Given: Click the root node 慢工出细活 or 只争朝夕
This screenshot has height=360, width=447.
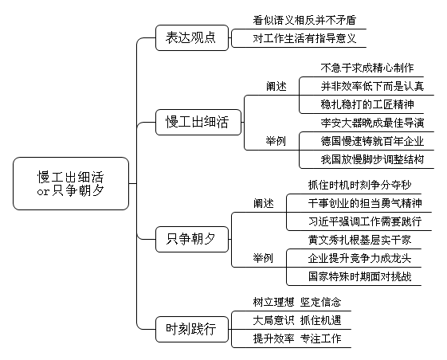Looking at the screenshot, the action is [x=71, y=183].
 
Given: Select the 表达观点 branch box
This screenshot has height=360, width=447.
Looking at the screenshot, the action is [x=192, y=38].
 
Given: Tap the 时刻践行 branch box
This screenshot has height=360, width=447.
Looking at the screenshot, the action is [x=192, y=329].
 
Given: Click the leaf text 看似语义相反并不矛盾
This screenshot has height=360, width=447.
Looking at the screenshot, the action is [x=304, y=20].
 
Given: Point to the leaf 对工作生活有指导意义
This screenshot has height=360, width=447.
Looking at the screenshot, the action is [x=304, y=38].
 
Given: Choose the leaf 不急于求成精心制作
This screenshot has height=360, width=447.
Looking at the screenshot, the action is [x=367, y=68].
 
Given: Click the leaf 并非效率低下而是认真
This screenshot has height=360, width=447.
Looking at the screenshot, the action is [x=372, y=86].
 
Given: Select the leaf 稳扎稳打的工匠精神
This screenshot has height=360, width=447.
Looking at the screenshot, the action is [x=367, y=104].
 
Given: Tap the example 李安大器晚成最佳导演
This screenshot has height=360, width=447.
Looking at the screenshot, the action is [x=372, y=123].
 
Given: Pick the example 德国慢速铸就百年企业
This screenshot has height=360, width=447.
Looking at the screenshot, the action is [x=372, y=141].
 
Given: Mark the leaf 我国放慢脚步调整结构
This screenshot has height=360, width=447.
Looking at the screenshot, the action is [x=372, y=159].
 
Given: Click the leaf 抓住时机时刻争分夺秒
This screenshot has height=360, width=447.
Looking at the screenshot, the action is [x=360, y=185].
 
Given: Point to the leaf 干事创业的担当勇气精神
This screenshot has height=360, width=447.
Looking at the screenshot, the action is [x=365, y=203].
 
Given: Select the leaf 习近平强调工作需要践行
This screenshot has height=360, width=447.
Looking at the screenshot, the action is [x=365, y=221].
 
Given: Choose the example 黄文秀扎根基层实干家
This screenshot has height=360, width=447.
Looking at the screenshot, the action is [x=360, y=240].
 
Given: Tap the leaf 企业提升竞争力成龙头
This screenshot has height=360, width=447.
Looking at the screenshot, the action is [x=360, y=258].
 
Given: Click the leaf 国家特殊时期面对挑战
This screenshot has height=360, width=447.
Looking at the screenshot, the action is [x=360, y=276].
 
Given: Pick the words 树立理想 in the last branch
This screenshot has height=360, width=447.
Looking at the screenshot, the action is [x=273, y=302].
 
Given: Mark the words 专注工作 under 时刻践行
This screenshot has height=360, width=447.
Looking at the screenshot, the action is [x=321, y=338].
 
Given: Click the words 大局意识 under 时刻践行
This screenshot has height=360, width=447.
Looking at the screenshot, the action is [x=273, y=320].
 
